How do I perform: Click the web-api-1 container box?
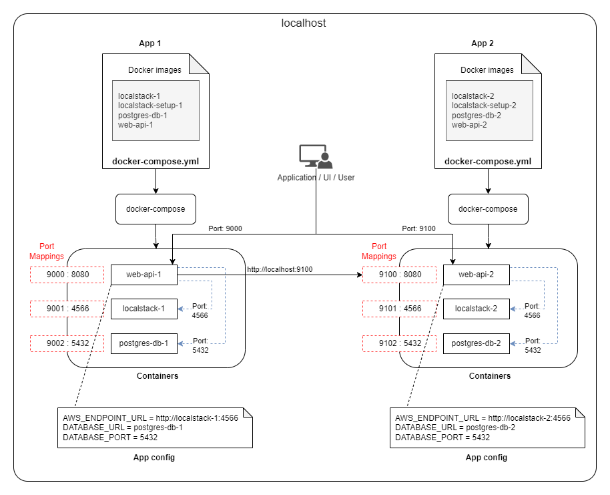point(144,274)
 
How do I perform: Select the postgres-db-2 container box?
point(477,343)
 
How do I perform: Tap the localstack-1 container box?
point(144,309)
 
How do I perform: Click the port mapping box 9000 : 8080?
point(67,274)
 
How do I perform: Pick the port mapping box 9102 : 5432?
point(400,343)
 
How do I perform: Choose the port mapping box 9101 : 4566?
point(400,309)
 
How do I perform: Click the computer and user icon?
point(315,157)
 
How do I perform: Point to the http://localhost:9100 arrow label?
point(280,269)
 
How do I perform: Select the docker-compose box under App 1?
point(156,209)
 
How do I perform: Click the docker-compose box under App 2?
point(488,209)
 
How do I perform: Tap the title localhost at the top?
point(304,23)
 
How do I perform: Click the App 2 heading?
point(483,43)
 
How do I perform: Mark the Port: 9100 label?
point(418,228)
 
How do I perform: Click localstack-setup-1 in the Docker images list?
point(150,105)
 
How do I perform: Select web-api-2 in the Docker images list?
point(469,124)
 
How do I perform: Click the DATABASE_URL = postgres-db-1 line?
point(113,428)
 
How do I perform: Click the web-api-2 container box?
point(477,274)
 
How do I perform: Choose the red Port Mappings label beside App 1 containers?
point(47,251)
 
